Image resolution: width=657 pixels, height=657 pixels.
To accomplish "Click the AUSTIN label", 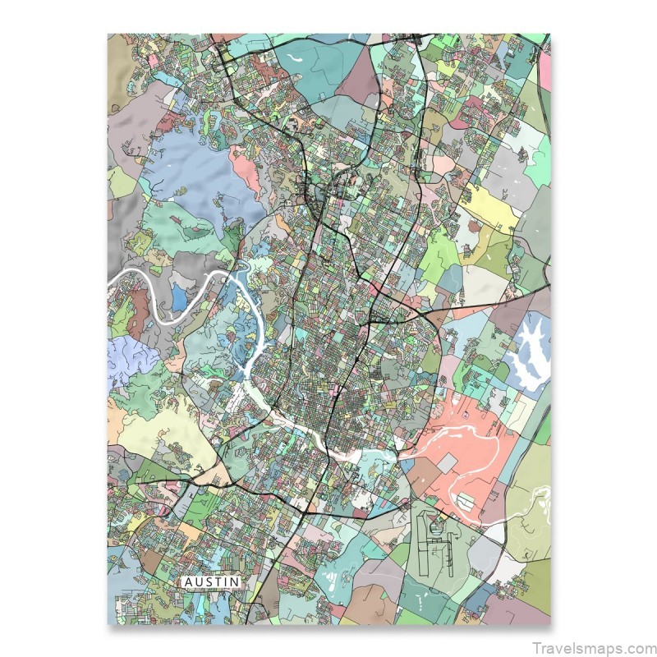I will (x=212, y=581).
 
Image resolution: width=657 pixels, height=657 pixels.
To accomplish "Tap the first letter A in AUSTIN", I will (x=188, y=581).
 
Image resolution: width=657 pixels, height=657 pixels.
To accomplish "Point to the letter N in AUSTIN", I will (x=236, y=581).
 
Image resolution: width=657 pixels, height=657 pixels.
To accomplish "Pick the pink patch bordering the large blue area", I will (x=246, y=168).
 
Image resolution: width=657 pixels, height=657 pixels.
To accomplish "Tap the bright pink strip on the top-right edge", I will (x=544, y=70).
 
